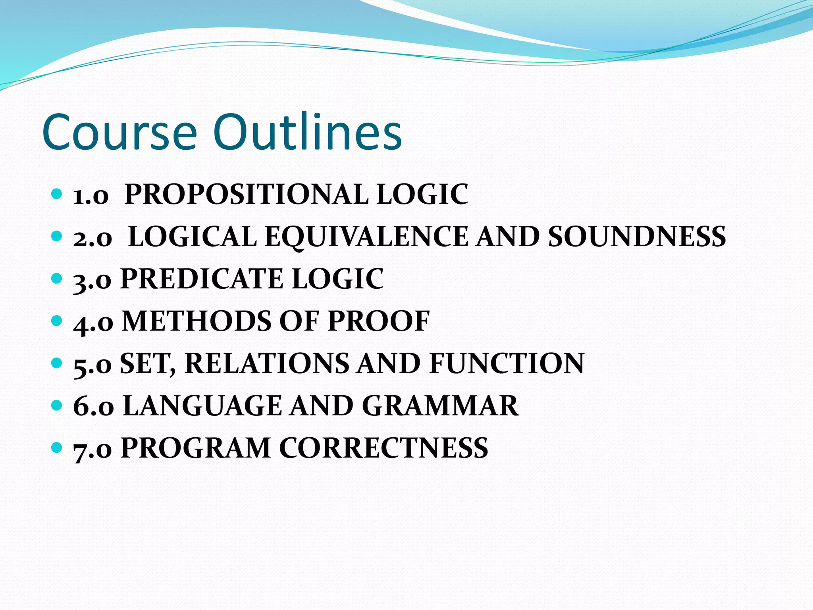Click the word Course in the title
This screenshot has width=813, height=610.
pyautogui.click(x=119, y=132)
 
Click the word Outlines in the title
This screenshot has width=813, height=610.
pyautogui.click(x=307, y=132)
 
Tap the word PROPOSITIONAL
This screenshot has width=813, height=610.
pyautogui.click(x=246, y=194)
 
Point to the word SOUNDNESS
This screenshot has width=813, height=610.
pyautogui.click(x=637, y=237)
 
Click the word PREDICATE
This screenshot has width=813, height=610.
pyautogui.click(x=202, y=279)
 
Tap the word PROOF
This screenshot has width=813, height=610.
pyautogui.click(x=379, y=321)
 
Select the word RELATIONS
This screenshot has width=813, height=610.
pyautogui.click(x=266, y=363)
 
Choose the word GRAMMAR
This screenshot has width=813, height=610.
pyautogui.click(x=440, y=406)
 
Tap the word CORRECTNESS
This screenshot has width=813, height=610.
pyautogui.click(x=383, y=448)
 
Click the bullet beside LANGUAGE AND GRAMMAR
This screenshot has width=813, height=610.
pyautogui.click(x=57, y=405)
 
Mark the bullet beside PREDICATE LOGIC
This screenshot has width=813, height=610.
pyautogui.click(x=57, y=278)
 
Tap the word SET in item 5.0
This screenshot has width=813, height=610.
pyautogui.click(x=147, y=363)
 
